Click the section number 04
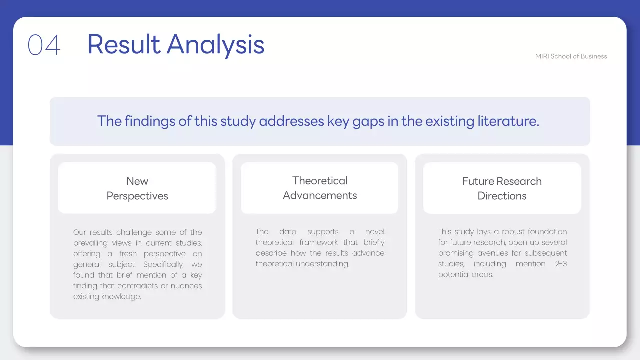pos(44,45)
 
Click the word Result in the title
pos(123,44)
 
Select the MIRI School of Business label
pos(571,56)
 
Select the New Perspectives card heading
pos(137,188)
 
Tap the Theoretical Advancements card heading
pos(320,188)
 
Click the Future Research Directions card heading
pos(502,188)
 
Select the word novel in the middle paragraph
pos(375,232)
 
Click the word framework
pos(319,243)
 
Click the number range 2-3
pos(561,264)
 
